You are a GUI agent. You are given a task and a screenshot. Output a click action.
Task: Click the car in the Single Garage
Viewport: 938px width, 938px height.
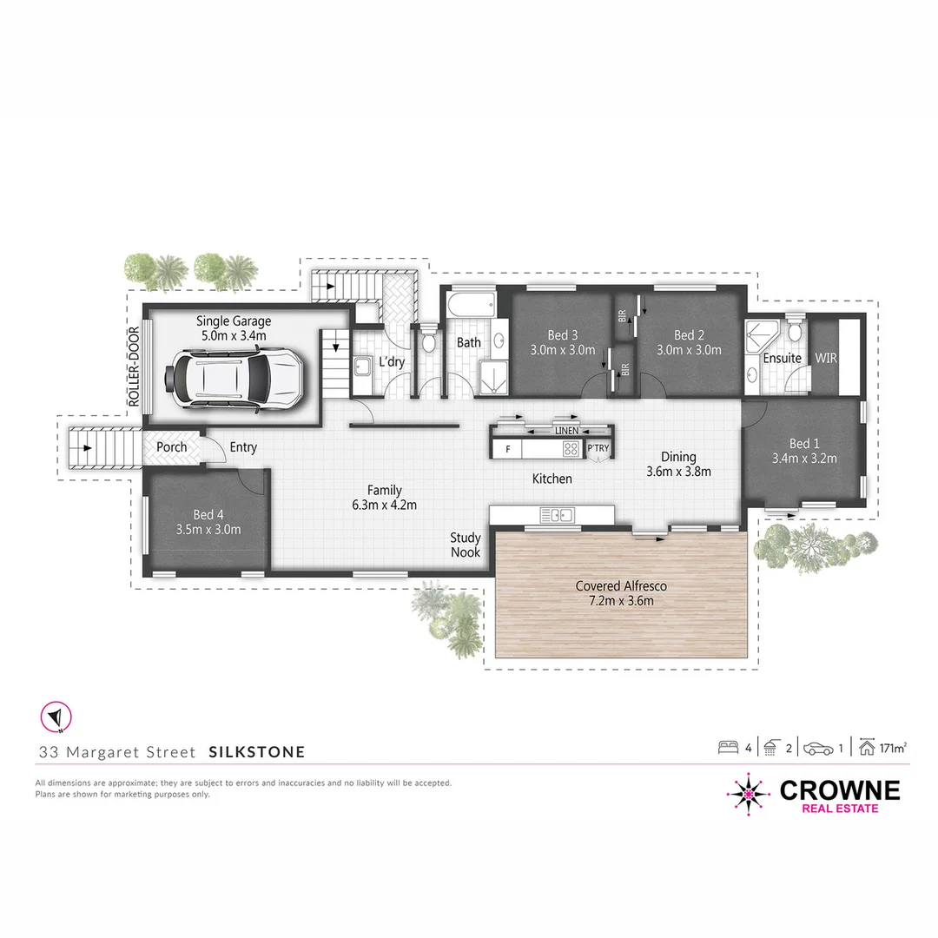(235, 375)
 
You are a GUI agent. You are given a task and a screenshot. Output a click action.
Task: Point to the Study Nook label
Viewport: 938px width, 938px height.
(466, 545)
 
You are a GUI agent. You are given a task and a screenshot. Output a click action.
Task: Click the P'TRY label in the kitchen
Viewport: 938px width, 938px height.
(598, 448)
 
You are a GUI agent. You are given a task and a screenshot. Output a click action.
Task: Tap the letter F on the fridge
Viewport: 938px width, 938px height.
(507, 448)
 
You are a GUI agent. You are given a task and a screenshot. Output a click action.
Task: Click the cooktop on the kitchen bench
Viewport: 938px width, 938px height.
(571, 448)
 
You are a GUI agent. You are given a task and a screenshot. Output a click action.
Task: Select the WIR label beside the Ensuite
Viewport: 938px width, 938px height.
(825, 358)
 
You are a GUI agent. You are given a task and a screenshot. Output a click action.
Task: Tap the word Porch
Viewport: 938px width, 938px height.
(172, 447)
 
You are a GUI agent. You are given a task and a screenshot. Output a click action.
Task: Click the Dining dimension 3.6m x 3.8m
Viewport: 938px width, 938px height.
(678, 472)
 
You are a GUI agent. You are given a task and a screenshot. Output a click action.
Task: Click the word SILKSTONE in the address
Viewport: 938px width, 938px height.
(257, 751)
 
